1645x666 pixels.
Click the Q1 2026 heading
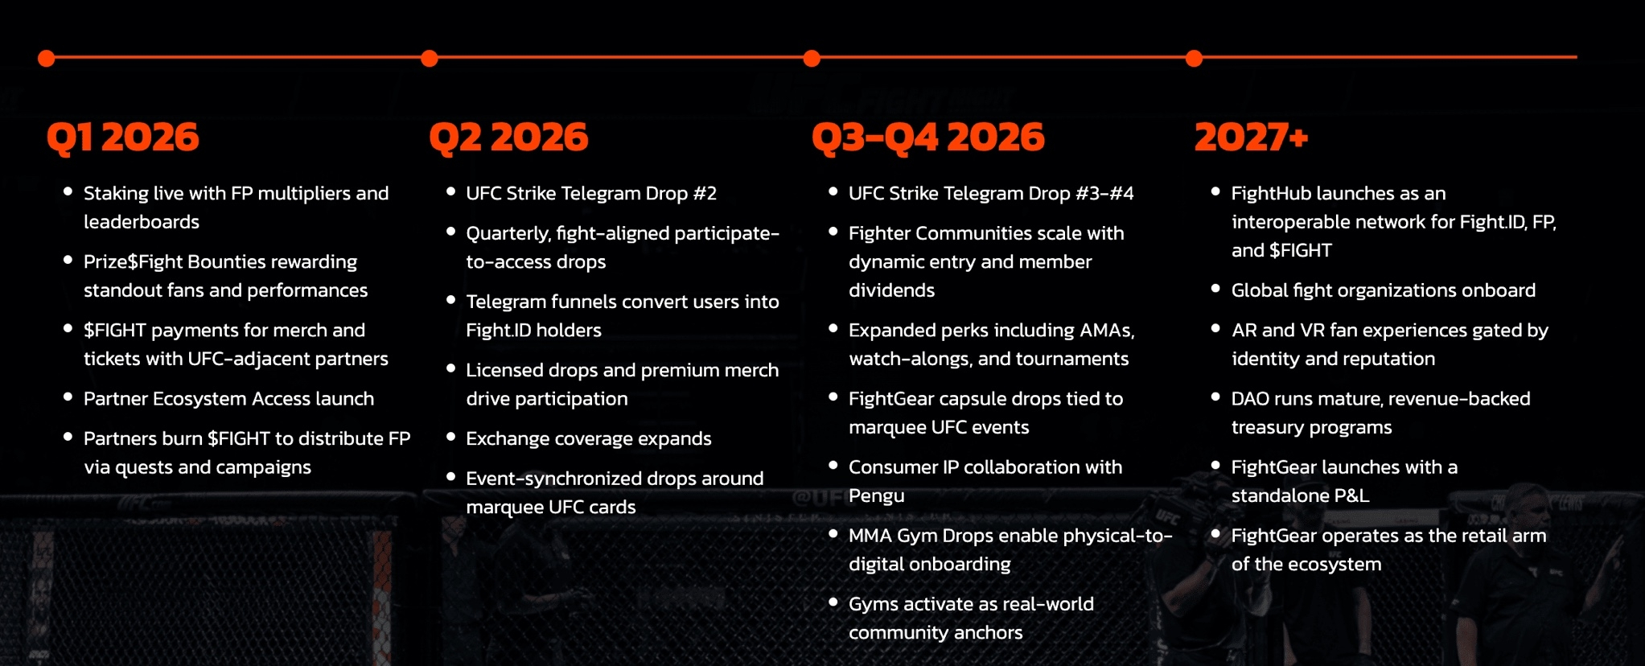(x=122, y=138)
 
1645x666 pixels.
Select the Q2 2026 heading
(x=508, y=138)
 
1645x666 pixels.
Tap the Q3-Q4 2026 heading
(x=927, y=138)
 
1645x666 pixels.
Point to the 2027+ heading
(x=1251, y=138)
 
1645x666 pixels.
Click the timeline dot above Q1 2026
(x=47, y=58)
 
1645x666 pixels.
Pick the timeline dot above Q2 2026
(x=430, y=58)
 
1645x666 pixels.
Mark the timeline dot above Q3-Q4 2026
(x=812, y=58)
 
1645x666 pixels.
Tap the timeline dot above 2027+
(x=1195, y=58)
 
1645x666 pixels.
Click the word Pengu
(x=876, y=496)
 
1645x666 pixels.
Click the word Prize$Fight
(x=135, y=262)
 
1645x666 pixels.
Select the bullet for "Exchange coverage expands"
(x=450, y=437)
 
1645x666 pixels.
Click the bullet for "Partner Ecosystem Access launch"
(x=68, y=397)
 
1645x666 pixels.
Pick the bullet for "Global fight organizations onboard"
(x=1215, y=288)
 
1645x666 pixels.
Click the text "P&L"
(x=1351, y=496)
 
